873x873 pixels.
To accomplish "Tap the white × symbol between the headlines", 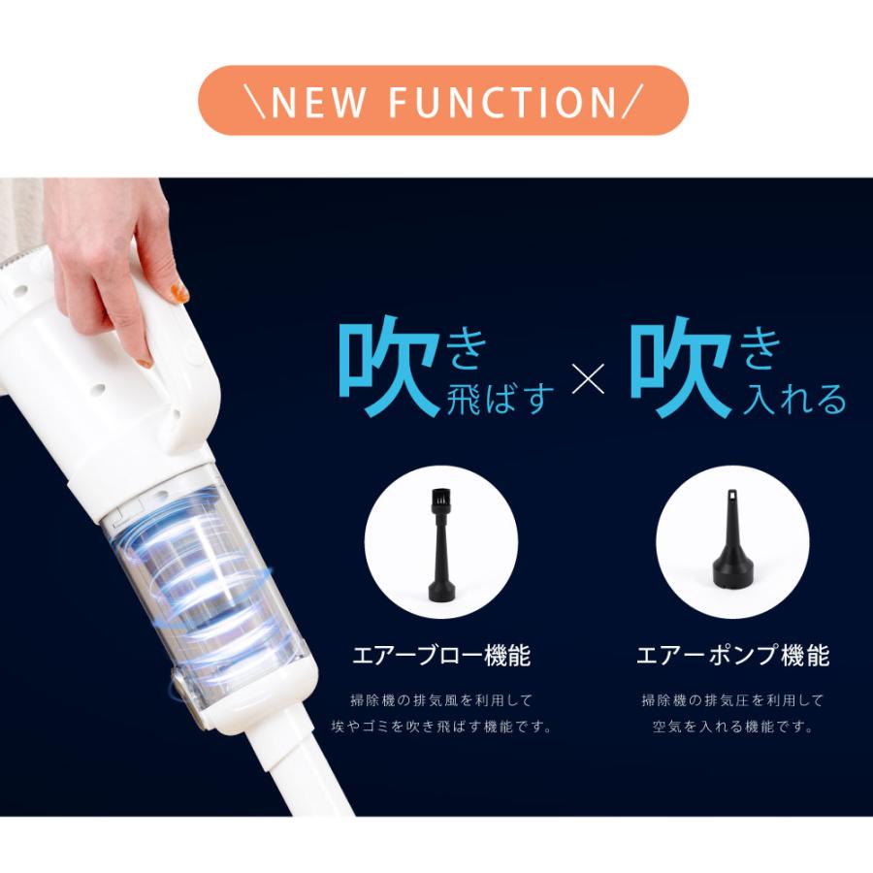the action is click(x=588, y=379).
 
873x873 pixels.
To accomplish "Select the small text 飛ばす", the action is click(x=501, y=398).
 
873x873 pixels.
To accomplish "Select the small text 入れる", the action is click(x=793, y=398).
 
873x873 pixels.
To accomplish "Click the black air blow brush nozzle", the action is click(x=442, y=544).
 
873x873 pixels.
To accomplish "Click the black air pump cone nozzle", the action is click(x=732, y=539).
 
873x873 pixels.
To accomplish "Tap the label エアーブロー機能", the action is click(x=441, y=656).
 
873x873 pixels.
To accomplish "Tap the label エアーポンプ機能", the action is click(x=732, y=656).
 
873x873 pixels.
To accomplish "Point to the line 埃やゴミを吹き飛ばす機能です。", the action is click(x=441, y=727).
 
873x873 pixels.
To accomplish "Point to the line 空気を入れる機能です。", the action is click(x=732, y=727).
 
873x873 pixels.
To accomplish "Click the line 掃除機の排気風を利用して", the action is click(x=441, y=699).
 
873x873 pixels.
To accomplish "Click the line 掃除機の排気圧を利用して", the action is click(x=732, y=699).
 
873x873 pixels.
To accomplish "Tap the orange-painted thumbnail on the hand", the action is click(x=178, y=292).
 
